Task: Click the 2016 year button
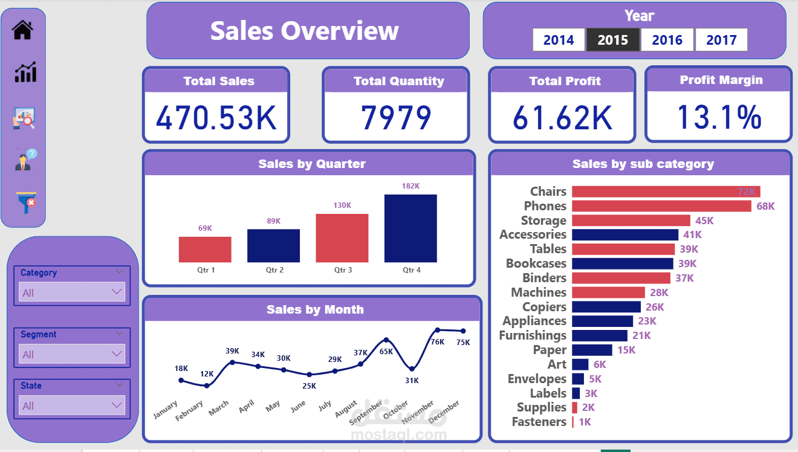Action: (x=667, y=40)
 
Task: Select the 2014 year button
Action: (x=559, y=40)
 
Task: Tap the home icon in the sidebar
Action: (x=23, y=30)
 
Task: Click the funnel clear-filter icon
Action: (x=26, y=202)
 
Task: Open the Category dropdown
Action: (x=72, y=292)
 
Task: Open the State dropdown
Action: (x=72, y=405)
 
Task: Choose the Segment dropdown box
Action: (x=72, y=354)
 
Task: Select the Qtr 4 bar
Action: (x=410, y=228)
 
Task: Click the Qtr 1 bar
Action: (x=205, y=249)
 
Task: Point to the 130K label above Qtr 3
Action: (x=342, y=205)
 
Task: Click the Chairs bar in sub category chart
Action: (x=666, y=192)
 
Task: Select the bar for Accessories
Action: (x=625, y=234)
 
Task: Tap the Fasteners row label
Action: (x=539, y=422)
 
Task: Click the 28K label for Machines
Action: (x=659, y=292)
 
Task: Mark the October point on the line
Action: (x=412, y=369)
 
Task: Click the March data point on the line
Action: (x=232, y=363)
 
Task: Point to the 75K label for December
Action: (x=463, y=342)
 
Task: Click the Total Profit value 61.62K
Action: (x=562, y=118)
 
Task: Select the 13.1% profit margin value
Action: (x=718, y=117)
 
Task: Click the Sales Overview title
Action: (x=305, y=31)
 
